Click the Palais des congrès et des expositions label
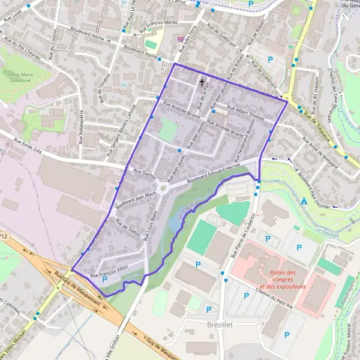(x=283, y=274)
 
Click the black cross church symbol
(x=202, y=82)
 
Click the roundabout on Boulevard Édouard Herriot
(x=163, y=190)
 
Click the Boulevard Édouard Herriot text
(x=213, y=173)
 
